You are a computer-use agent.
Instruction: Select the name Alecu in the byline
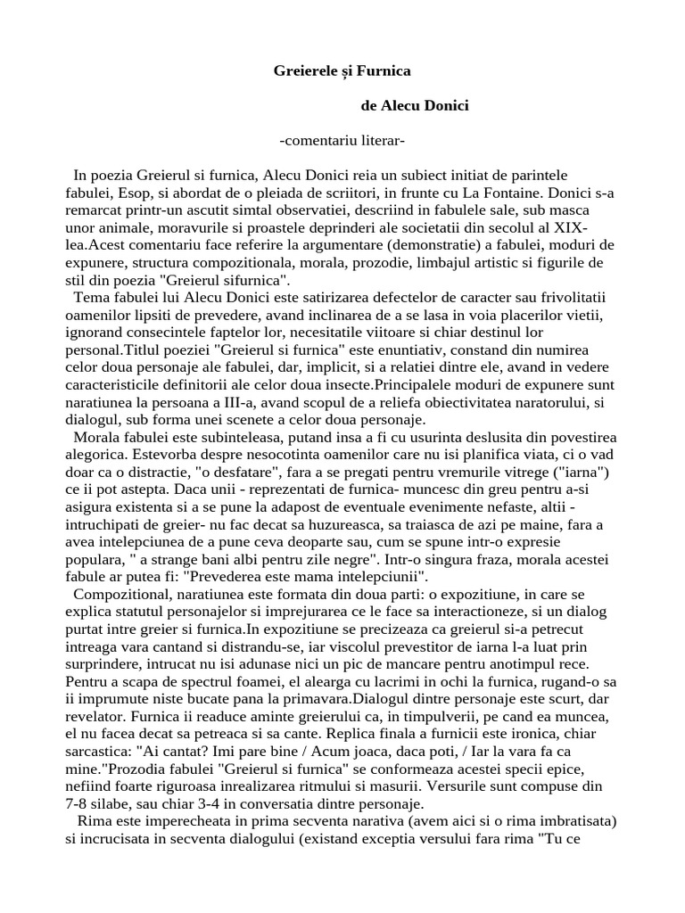401,105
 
